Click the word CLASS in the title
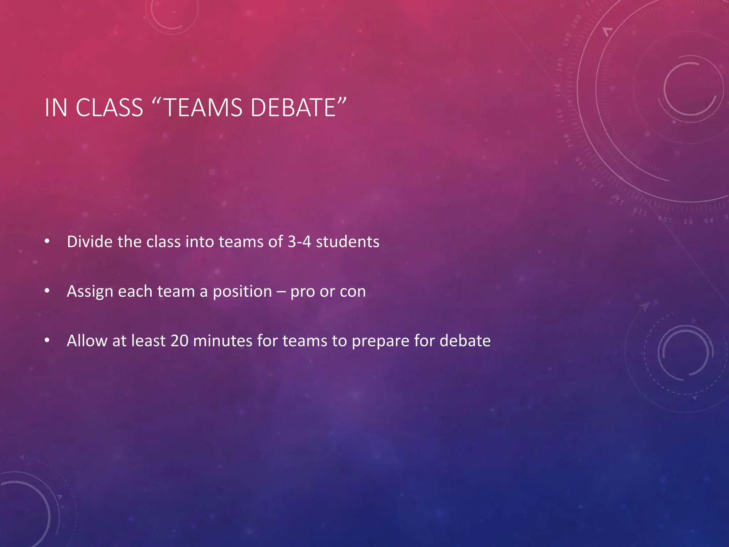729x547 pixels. tap(109, 108)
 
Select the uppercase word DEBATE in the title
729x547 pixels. tap(293, 108)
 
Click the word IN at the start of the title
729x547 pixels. tap(56, 108)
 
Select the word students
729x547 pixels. tap(347, 241)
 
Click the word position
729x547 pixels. tap(242, 291)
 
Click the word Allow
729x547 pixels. tap(87, 340)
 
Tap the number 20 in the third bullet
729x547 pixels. tap(179, 341)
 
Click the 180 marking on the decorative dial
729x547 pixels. tap(560, 64)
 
